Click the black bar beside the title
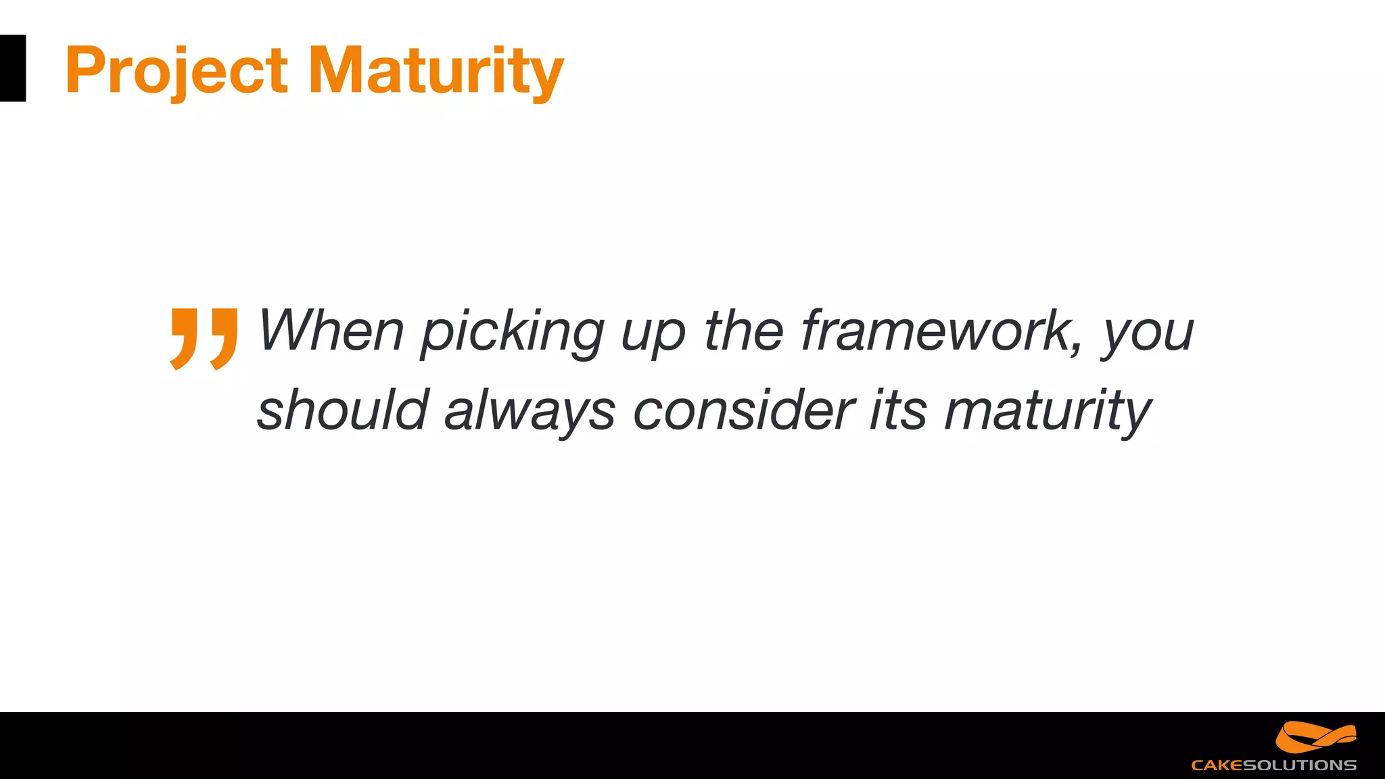point(12,68)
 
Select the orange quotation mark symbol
point(204,338)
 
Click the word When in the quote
point(331,331)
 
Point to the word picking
point(512,333)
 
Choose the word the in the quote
point(743,331)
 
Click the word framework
point(937,331)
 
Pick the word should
point(343,410)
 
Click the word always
point(530,412)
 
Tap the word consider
point(743,410)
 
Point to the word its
point(897,410)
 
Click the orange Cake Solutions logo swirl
point(1315,737)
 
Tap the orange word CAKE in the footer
point(1217,765)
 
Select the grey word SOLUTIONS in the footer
point(1299,765)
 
